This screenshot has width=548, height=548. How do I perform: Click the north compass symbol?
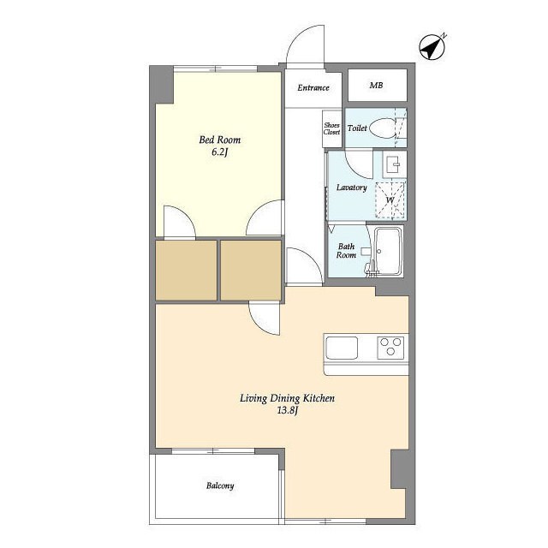point(432,47)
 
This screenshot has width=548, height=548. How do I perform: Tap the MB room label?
point(376,86)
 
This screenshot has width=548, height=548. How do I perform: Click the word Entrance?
point(313,87)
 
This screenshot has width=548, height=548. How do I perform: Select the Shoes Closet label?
point(331,128)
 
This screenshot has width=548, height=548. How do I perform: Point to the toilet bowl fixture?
point(382,128)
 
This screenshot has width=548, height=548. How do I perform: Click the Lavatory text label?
point(352,188)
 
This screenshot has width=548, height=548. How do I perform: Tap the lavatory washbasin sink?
point(395,164)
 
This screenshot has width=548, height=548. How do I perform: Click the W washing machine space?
point(390,200)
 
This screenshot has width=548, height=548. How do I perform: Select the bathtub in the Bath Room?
point(388,251)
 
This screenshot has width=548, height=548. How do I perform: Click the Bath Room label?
point(346,251)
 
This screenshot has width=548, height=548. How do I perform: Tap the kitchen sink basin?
point(342,348)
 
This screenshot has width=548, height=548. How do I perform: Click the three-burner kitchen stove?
point(390,348)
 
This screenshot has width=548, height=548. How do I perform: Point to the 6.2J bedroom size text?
point(220,152)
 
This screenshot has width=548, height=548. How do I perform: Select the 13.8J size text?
point(288,411)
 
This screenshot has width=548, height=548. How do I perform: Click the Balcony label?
point(220,485)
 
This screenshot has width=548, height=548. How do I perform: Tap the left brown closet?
point(186,271)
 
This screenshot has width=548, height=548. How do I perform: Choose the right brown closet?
point(251,271)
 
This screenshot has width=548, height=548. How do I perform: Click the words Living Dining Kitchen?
point(288,398)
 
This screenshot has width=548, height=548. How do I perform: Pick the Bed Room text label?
point(220,140)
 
